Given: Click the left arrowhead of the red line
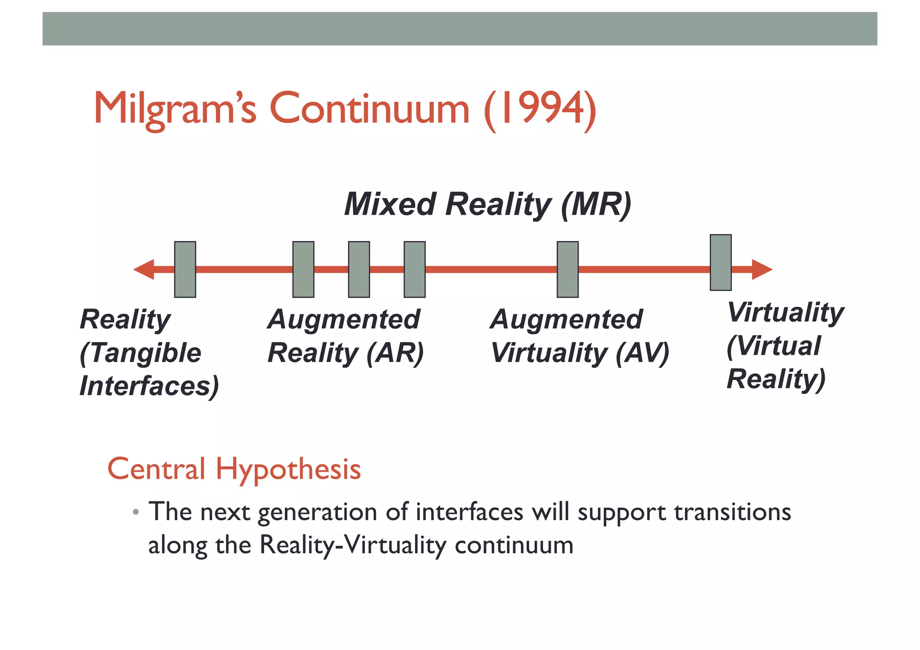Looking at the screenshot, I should point(143,270).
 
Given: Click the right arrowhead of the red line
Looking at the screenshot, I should point(762,270).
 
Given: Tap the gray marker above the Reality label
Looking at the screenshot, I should point(185,270).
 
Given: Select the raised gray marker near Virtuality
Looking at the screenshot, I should point(721,263).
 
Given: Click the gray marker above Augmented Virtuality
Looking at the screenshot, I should point(567,270).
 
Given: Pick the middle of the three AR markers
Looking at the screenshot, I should point(359,270).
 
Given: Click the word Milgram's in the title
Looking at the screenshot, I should point(175,109).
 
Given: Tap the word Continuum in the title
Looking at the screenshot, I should point(369,109).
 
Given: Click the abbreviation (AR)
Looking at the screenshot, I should point(395,353).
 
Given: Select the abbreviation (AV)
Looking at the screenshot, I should point(642,353).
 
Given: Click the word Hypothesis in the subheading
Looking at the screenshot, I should point(288,469).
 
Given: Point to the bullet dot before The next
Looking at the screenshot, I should point(136,513).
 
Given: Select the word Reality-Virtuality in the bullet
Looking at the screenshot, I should point(353,545).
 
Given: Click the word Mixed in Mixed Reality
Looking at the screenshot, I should point(389,205).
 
